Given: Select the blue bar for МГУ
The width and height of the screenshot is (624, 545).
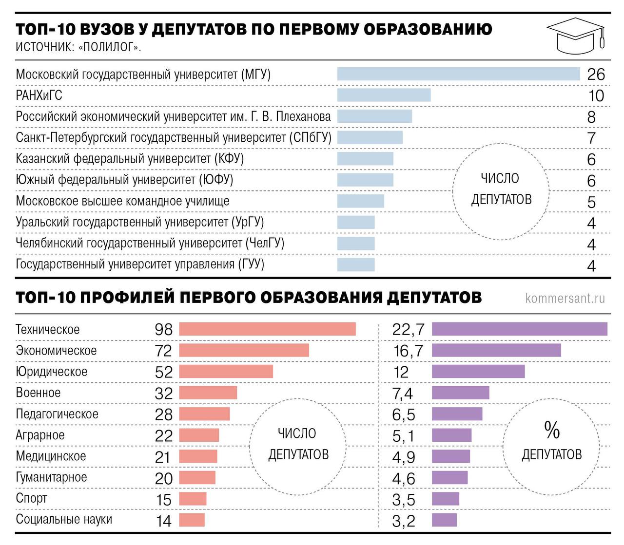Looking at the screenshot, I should (458, 74).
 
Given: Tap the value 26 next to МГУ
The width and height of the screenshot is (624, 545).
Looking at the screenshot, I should (596, 75).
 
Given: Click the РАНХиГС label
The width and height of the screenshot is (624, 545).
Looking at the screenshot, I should (39, 95).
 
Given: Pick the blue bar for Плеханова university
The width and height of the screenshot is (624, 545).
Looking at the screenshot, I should (374, 116).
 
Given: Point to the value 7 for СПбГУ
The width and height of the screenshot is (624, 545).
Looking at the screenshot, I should (591, 138).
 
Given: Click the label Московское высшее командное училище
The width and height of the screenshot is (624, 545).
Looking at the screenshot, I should (122, 201).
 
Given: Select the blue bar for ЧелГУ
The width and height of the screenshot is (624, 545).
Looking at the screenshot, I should (356, 244).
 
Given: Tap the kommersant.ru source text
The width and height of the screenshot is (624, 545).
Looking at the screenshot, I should (565, 298).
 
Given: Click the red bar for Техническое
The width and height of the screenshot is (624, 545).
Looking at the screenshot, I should (267, 329).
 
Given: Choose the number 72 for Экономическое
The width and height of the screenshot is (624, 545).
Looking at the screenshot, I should (163, 351).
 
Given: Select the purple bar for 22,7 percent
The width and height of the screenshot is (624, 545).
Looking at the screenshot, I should (520, 329).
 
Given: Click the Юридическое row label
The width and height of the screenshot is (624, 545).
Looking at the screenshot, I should (52, 372).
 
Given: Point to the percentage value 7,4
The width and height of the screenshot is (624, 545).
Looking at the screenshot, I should (403, 394).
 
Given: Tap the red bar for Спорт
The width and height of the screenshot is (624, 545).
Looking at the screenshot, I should (193, 499).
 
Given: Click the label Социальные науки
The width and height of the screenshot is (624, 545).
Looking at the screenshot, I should (64, 520).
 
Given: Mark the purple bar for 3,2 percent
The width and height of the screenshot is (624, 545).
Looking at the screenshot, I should (444, 520).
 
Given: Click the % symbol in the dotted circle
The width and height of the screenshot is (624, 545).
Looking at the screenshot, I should (551, 430).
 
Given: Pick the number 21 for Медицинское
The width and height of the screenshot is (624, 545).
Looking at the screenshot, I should (163, 457).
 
